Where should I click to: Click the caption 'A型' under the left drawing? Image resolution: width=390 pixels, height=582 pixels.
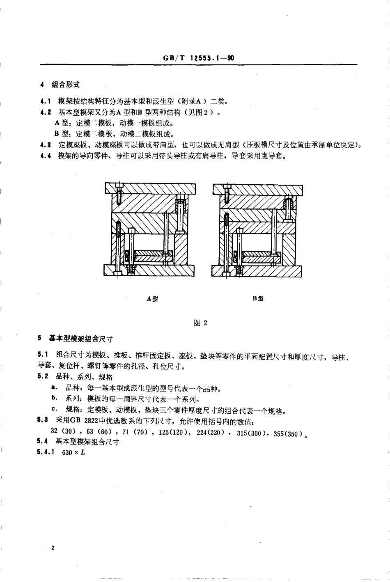(x=152, y=299)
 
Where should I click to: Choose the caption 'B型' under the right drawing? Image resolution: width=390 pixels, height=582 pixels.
(x=258, y=298)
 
